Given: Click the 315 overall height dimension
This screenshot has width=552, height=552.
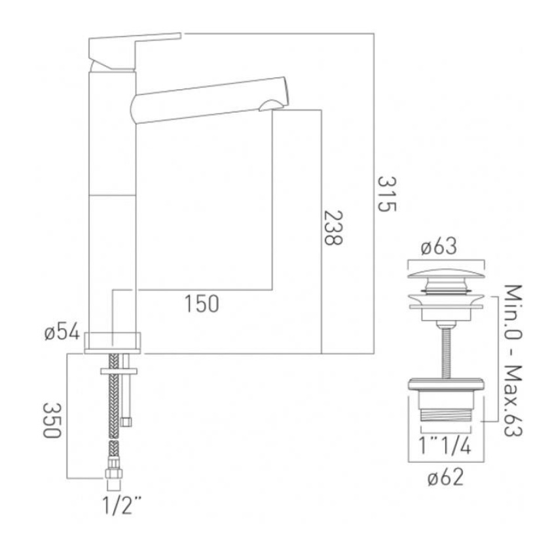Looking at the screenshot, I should (x=387, y=194).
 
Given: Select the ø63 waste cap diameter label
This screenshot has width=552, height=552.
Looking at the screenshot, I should (x=447, y=248).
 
